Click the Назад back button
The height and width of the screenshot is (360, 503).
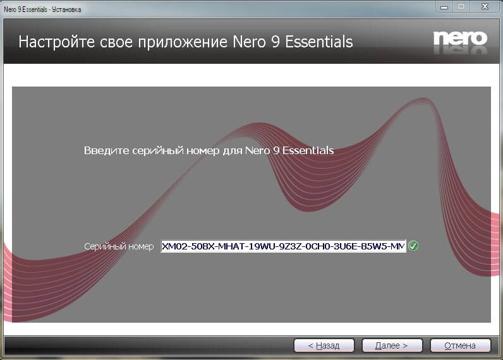click(x=324, y=345)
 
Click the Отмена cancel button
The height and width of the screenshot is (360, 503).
click(x=460, y=345)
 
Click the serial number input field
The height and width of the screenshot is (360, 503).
click(x=283, y=246)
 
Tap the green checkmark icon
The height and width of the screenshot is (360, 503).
click(x=413, y=246)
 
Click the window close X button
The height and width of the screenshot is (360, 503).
click(x=485, y=6)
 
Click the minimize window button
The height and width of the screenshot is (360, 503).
click(x=444, y=6)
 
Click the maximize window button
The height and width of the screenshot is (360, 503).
click(x=461, y=6)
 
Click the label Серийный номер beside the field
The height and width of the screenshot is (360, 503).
click(x=119, y=246)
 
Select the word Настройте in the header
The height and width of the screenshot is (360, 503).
click(x=56, y=42)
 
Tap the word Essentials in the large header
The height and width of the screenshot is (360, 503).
click(x=319, y=42)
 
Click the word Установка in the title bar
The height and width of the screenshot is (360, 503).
click(x=66, y=9)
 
